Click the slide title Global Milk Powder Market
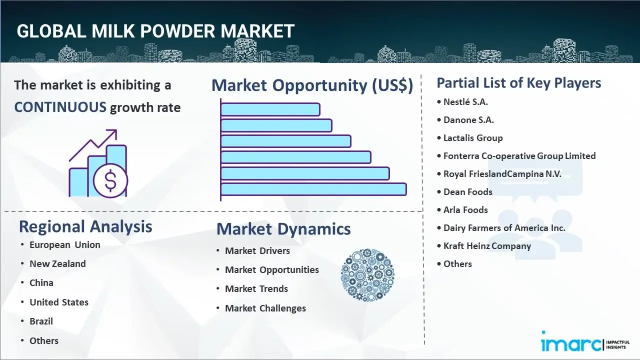(155, 31)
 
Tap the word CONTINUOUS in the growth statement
(60, 107)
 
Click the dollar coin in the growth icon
(110, 180)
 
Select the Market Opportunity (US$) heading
(312, 85)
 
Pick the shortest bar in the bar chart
(270, 109)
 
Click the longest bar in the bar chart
(313, 189)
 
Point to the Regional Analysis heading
(85, 226)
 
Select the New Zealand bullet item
(57, 263)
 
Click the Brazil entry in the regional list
(41, 321)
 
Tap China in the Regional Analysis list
(41, 282)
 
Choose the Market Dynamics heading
(283, 229)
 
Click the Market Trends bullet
(256, 288)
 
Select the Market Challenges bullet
(265, 308)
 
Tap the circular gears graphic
(367, 275)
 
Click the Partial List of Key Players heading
(519, 82)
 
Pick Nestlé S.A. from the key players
(465, 102)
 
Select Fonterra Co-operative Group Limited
(519, 156)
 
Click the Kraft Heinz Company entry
(487, 246)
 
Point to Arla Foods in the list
(465, 210)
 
